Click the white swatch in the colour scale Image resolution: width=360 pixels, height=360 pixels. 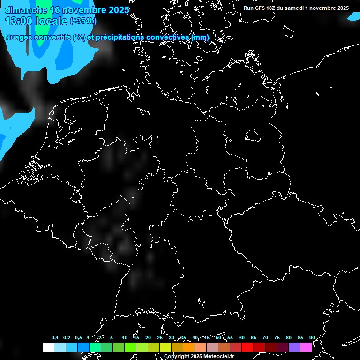[48, 347]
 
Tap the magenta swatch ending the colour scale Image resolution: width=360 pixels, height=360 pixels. [306, 347]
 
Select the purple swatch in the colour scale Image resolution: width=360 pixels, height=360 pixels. [294, 347]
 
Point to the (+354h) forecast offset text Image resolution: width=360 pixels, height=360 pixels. [83, 21]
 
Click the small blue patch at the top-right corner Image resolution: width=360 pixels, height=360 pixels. [353, 16]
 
